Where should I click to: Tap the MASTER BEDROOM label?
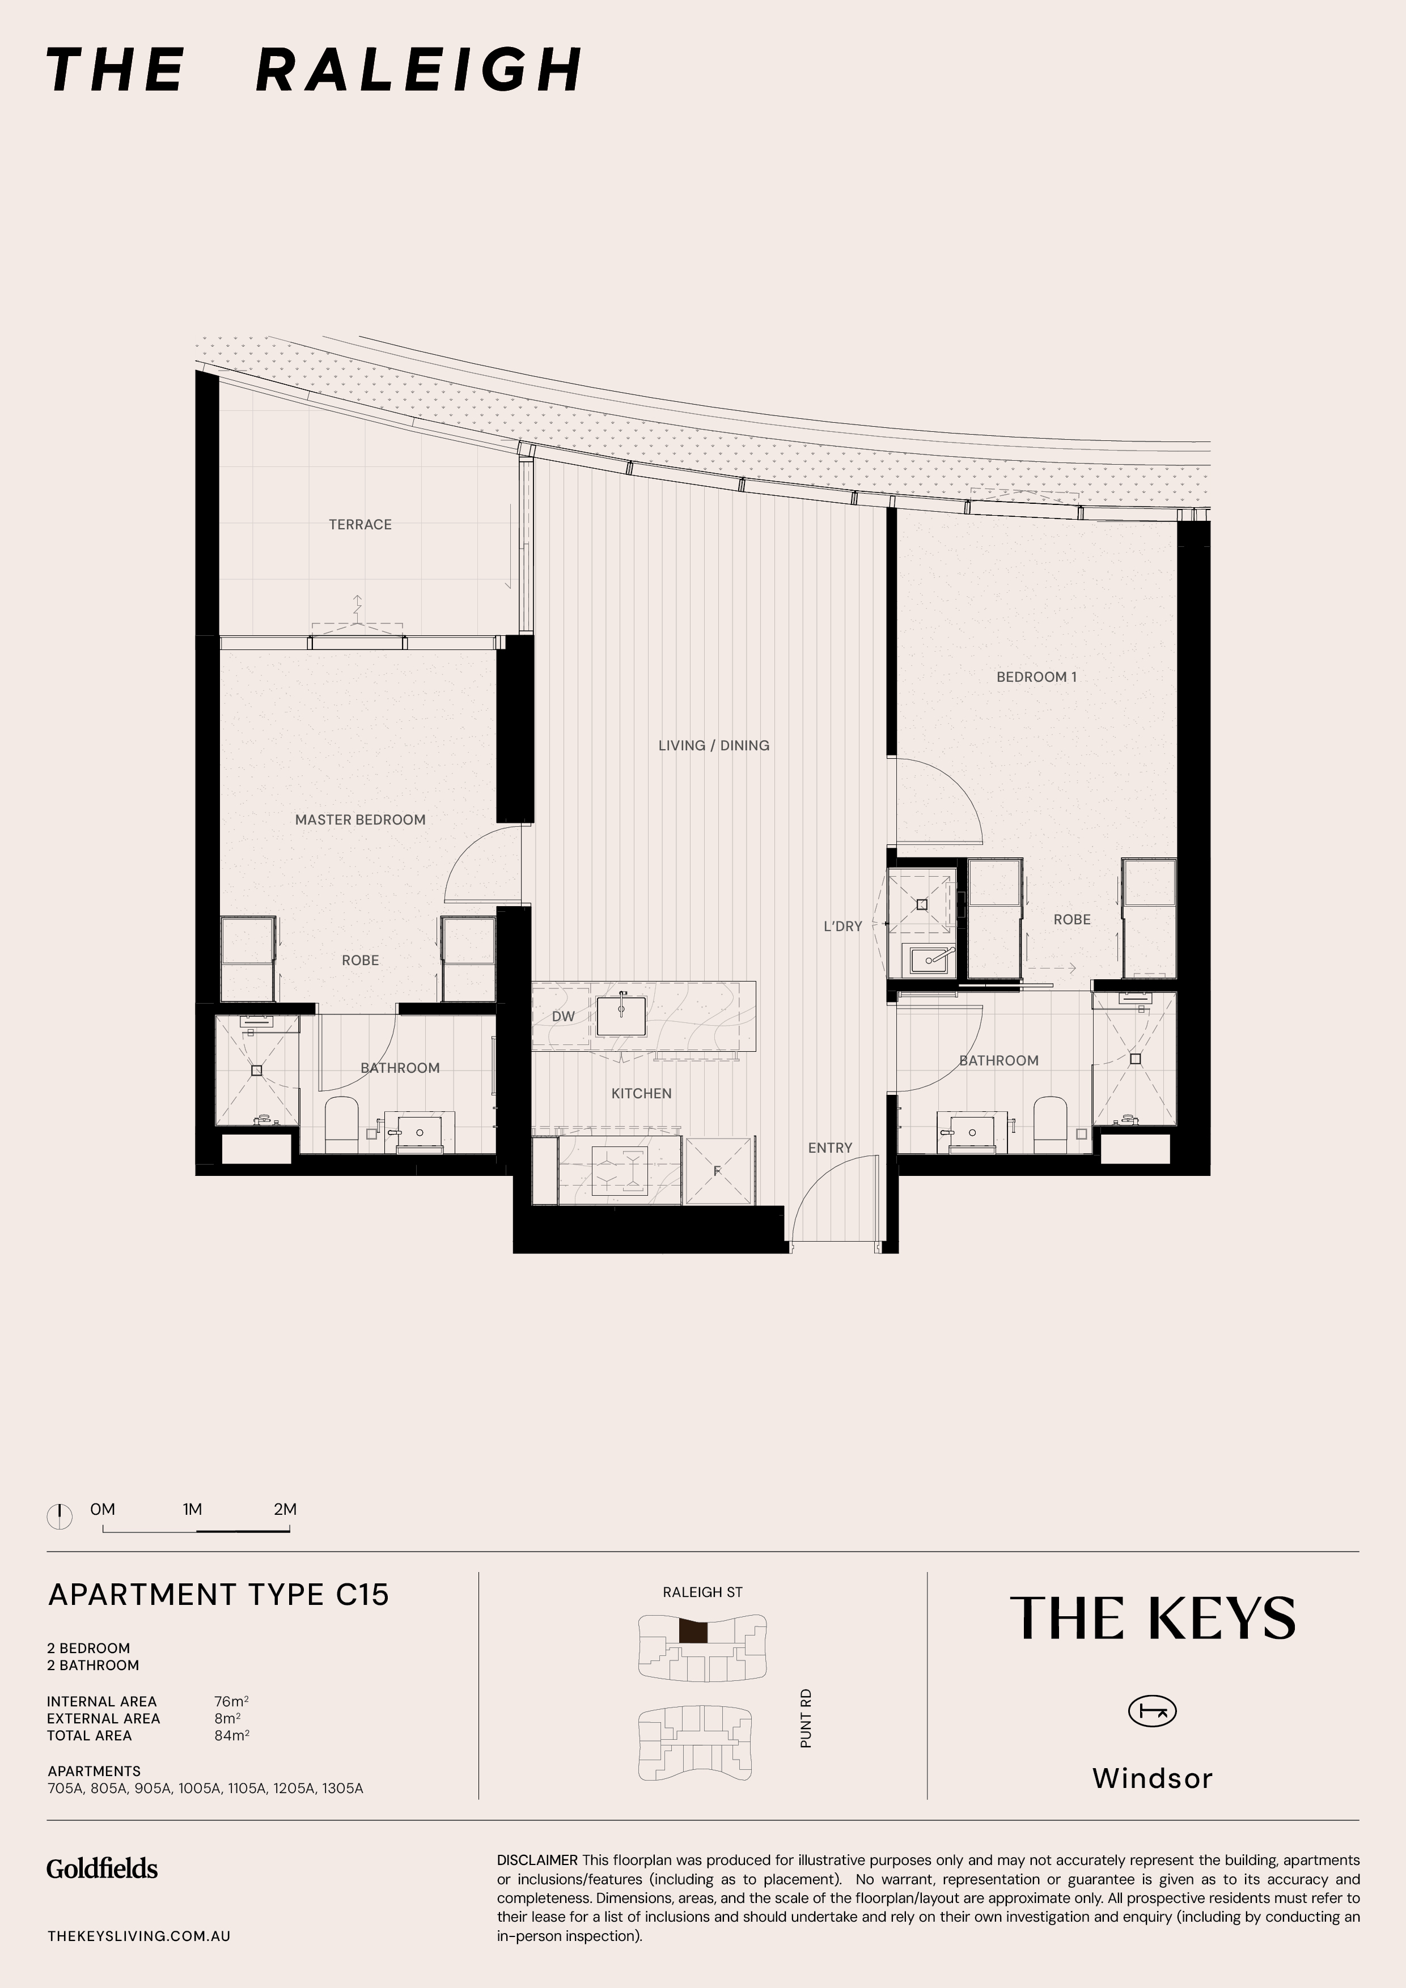361,820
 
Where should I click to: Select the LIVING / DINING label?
714,746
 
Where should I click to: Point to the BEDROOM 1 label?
1036,677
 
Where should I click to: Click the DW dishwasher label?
563,1017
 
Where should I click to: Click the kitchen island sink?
621,1017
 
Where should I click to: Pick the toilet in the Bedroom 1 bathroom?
1051,1124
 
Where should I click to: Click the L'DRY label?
843,927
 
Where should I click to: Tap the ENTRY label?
830,1148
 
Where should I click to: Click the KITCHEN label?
641,1094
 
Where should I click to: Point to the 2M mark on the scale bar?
285,1509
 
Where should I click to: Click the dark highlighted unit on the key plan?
693,1632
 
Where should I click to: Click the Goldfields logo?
102,1868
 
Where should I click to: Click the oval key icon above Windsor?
1152,1711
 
